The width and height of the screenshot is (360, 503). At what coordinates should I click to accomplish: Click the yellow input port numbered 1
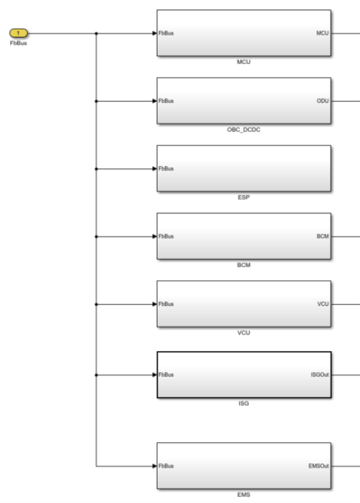coord(18,33)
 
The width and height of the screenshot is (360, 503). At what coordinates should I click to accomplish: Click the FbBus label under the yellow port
coord(18,43)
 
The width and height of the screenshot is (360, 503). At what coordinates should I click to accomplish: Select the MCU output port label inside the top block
coord(322,33)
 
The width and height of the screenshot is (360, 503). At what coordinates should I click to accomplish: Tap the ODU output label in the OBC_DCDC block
coord(322,101)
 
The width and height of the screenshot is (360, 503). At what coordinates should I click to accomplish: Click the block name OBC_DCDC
coord(243,129)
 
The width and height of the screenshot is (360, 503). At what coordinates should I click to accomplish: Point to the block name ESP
coord(243,197)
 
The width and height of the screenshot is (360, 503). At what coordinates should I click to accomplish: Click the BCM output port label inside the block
coord(322,237)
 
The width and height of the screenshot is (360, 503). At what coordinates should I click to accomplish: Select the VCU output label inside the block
coord(322,304)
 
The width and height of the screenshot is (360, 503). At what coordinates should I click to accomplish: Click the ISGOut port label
coord(320,375)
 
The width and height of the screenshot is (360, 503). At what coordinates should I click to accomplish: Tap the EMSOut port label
coord(318,466)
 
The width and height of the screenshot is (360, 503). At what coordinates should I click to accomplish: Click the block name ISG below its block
coord(243,403)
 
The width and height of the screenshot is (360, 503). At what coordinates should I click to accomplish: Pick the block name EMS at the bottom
coord(243,495)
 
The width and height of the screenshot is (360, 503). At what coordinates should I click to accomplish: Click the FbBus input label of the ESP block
coord(166,169)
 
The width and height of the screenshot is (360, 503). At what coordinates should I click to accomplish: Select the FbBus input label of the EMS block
coord(166,466)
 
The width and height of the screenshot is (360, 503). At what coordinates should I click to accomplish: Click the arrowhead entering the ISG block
coord(155,375)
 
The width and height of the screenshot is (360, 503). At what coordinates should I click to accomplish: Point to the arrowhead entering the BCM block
coord(155,237)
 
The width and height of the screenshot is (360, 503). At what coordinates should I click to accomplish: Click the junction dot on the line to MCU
coord(96,33)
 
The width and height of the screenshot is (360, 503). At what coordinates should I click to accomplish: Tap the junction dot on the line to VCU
coord(96,304)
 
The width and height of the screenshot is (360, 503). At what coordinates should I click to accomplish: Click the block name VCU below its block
coord(243,333)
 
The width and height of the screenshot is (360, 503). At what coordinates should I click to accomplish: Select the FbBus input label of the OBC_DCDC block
coord(166,101)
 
